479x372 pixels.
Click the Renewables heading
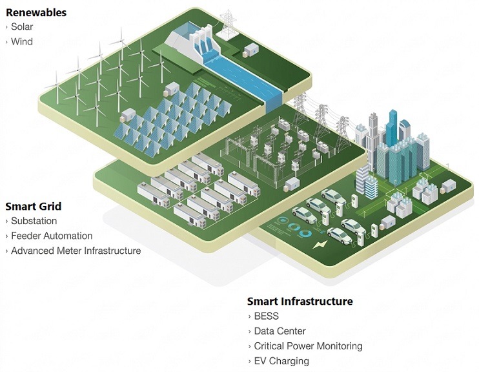point(36,12)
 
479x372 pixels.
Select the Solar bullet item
point(22,27)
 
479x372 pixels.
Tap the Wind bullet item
point(22,42)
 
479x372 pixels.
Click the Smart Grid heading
point(34,207)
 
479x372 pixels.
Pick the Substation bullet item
point(34,222)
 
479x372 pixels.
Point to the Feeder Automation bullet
point(52,236)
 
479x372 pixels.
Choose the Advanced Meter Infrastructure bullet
point(76,251)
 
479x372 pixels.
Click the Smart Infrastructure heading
point(300,302)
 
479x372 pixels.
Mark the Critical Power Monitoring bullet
point(308,346)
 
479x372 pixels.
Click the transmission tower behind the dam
point(227,23)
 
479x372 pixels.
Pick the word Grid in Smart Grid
point(50,207)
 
